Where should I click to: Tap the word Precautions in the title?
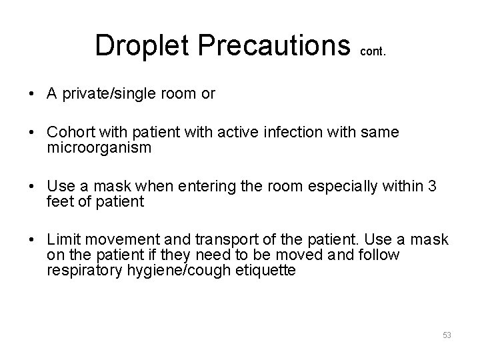[x=277, y=45]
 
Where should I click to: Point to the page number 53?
[x=447, y=335]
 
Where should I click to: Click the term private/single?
[x=109, y=94]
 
